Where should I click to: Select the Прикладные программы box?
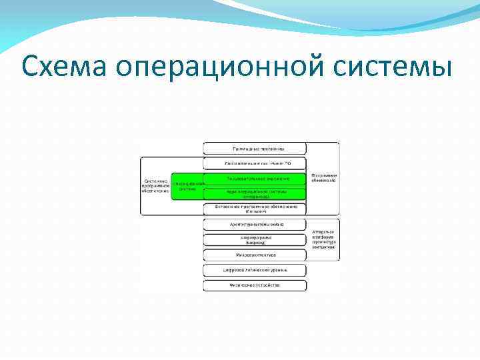click(x=255, y=148)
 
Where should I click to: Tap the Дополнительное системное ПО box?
click(x=255, y=163)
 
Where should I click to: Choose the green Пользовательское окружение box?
click(x=255, y=179)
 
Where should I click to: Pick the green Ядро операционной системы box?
click(x=255, y=194)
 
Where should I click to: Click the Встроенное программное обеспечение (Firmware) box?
click(x=255, y=209)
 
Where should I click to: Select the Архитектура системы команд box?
click(x=255, y=225)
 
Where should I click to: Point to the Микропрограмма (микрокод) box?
click(x=255, y=240)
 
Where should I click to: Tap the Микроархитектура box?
click(x=255, y=255)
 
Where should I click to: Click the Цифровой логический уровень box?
click(x=255, y=271)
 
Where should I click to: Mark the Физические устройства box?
click(x=255, y=285)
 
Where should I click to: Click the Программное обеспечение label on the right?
click(x=323, y=178)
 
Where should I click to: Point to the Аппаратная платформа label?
click(x=323, y=237)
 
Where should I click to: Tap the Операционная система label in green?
click(x=187, y=186)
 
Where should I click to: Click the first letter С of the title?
click(x=30, y=67)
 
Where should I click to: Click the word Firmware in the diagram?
click(x=255, y=212)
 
